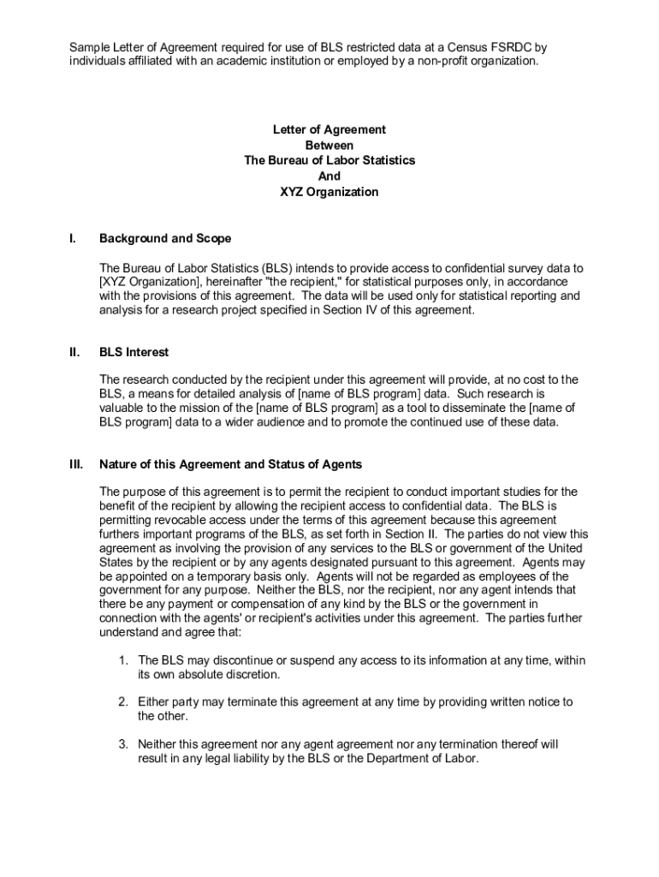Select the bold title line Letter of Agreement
pyautogui.click(x=329, y=129)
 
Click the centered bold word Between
pyautogui.click(x=329, y=146)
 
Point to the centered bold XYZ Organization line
pyautogui.click(x=329, y=192)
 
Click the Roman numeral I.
pyautogui.click(x=72, y=238)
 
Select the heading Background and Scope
pyautogui.click(x=165, y=238)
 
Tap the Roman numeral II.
pyautogui.click(x=74, y=352)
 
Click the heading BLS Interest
pyautogui.click(x=134, y=352)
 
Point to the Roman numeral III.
pyautogui.click(x=75, y=464)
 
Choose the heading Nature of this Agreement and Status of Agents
pyautogui.click(x=230, y=464)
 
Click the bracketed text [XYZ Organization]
pyautogui.click(x=150, y=281)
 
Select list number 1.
pyautogui.click(x=123, y=660)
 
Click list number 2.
pyautogui.click(x=123, y=702)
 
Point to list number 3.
pyautogui.click(x=123, y=744)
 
